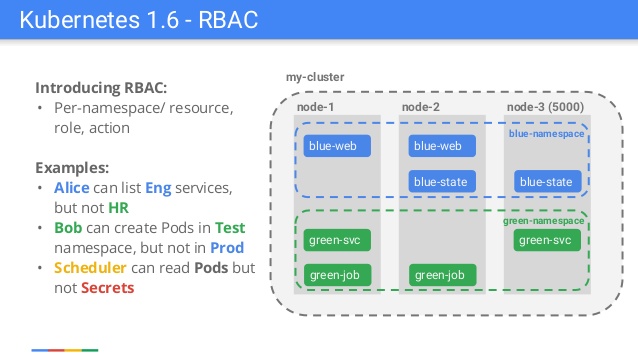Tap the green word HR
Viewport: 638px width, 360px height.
coord(118,207)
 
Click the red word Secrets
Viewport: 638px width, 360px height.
coord(107,288)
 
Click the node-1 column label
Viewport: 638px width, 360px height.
coord(316,107)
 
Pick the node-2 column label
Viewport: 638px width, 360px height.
coord(421,107)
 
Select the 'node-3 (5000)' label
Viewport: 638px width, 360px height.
coord(545,107)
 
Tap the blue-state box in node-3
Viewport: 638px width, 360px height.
coord(546,182)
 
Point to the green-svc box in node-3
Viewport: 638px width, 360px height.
coord(546,240)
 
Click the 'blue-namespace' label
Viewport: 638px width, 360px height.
coord(545,132)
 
